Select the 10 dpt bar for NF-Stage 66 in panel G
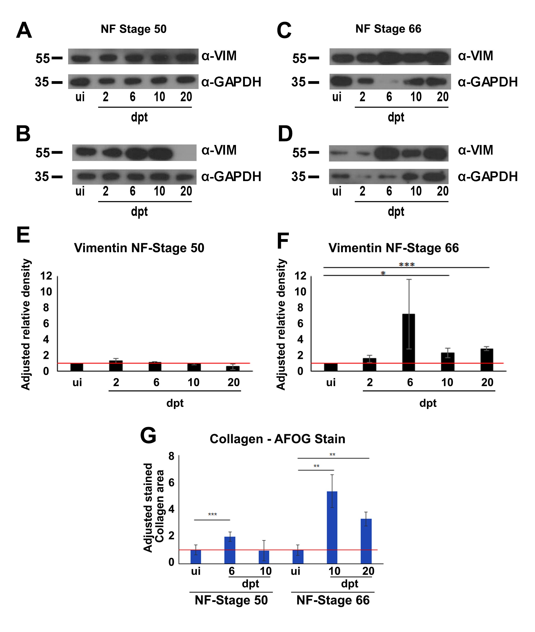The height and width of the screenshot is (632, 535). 332,527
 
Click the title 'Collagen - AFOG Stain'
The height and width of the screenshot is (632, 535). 277,439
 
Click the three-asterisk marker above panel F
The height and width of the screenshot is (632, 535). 406,264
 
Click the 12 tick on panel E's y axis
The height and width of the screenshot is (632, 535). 46,276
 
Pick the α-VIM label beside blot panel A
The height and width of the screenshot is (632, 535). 219,56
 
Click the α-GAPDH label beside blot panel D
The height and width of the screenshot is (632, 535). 487,177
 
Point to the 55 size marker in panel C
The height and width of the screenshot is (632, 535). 299,58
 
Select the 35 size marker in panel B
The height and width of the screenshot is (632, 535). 42,177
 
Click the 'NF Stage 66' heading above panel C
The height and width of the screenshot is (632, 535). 388,29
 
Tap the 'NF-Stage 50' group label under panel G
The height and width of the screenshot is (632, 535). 231,600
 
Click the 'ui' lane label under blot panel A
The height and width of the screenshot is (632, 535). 80,97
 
